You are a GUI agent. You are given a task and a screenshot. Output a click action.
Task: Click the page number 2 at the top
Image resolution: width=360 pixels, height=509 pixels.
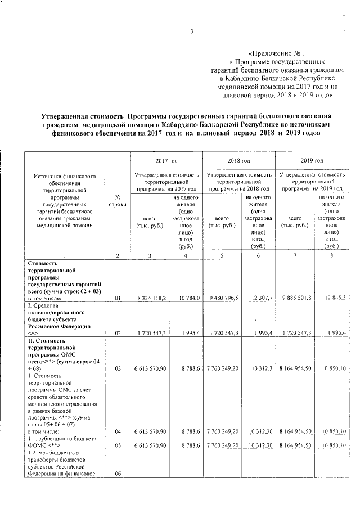point(191,31)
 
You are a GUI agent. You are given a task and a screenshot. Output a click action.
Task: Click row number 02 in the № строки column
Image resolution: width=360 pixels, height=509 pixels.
point(118,334)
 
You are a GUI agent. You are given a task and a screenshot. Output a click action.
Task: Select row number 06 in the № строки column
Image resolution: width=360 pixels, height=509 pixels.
point(118,473)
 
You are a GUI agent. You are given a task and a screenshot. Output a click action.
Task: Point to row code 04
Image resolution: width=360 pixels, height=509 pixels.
point(118,431)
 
